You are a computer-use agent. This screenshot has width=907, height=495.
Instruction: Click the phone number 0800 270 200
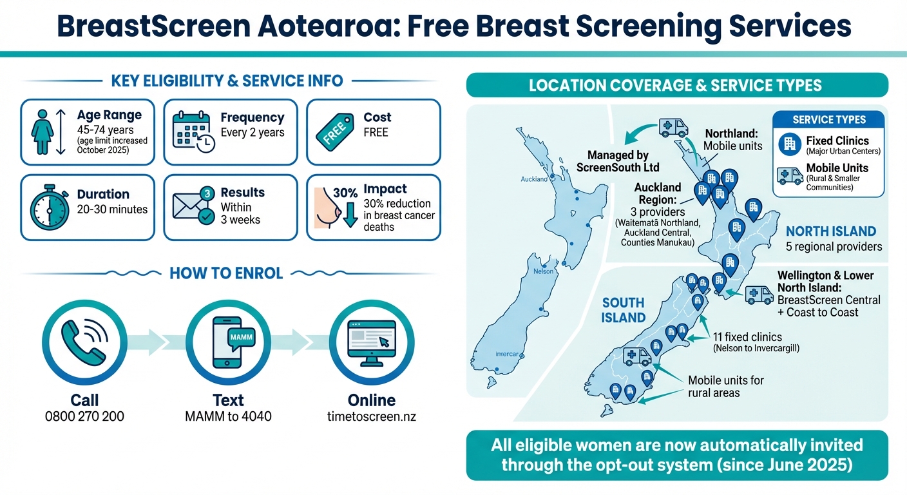pyautogui.click(x=84, y=416)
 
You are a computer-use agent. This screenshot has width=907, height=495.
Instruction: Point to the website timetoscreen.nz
pyautogui.click(x=371, y=416)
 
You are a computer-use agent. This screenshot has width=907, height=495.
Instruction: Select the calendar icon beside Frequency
pyautogui.click(x=193, y=132)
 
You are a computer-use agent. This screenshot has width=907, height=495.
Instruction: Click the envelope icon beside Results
pyautogui.click(x=193, y=206)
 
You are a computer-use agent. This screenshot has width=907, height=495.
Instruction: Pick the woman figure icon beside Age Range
pyautogui.click(x=43, y=131)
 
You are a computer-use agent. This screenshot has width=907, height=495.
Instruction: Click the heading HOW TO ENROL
pyautogui.click(x=226, y=273)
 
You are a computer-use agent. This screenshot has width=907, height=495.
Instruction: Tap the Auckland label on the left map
pyautogui.click(x=534, y=179)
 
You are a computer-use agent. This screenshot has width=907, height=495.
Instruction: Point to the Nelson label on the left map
pyautogui.click(x=544, y=271)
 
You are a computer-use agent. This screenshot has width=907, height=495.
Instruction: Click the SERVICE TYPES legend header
pyautogui.click(x=828, y=120)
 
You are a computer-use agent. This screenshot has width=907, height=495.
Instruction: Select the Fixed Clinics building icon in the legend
pyautogui.click(x=788, y=145)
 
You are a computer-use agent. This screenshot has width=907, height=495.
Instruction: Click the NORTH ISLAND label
pyautogui.click(x=831, y=231)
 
